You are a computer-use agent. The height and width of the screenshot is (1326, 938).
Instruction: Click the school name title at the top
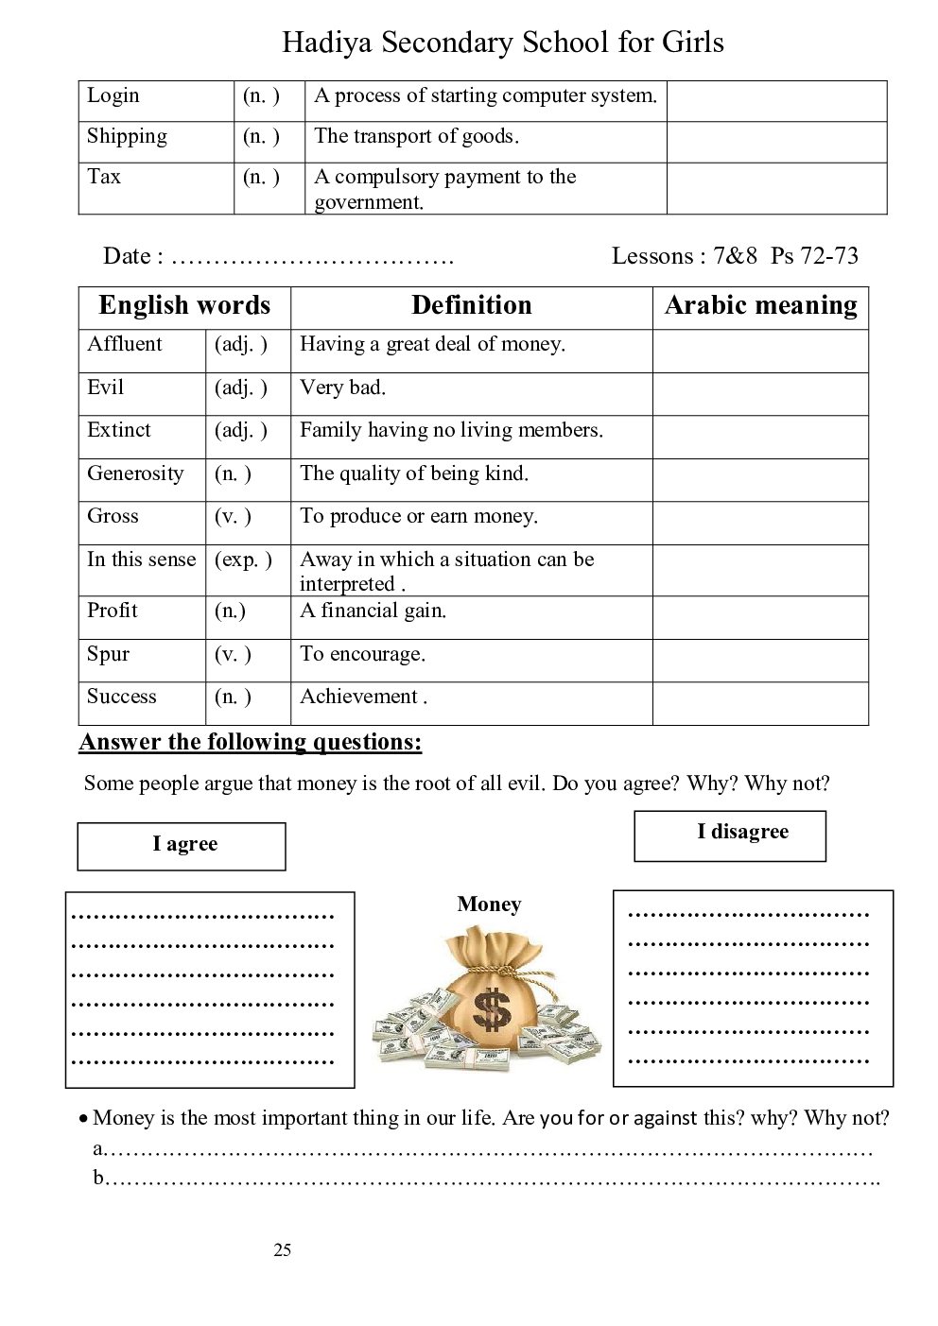(x=502, y=43)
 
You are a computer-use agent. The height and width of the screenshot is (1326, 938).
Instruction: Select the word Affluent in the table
(x=125, y=344)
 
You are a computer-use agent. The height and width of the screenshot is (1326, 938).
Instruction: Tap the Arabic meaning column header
(x=760, y=305)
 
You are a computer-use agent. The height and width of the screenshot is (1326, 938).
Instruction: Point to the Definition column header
(x=471, y=305)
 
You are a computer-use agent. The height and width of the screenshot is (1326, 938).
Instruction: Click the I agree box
(x=182, y=845)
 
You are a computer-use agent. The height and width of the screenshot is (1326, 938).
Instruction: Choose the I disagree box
(x=730, y=835)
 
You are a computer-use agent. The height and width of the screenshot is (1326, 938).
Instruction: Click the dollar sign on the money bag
(x=491, y=1008)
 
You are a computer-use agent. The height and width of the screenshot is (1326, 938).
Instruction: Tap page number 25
(x=283, y=1249)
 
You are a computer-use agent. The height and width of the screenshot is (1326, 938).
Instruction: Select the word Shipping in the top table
(x=127, y=136)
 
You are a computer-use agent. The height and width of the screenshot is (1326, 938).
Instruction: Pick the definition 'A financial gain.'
(x=373, y=611)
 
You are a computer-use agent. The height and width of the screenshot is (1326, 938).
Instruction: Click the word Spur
(x=108, y=654)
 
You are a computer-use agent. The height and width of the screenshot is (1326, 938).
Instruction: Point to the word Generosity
(x=135, y=474)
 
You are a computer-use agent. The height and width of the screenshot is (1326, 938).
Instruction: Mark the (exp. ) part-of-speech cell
(x=243, y=560)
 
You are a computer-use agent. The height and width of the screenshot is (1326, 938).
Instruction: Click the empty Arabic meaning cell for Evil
(x=759, y=393)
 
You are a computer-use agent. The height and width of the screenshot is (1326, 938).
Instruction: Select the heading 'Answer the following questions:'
(x=251, y=742)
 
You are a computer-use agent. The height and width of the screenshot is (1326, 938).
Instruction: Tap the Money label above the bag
(x=489, y=904)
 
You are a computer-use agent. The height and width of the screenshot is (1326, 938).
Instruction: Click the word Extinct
(x=119, y=430)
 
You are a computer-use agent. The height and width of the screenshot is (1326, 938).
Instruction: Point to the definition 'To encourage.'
(x=362, y=654)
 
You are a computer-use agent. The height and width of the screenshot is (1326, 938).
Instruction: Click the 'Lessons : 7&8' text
(x=684, y=256)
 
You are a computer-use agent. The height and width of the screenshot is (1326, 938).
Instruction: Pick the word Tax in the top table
(x=104, y=177)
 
